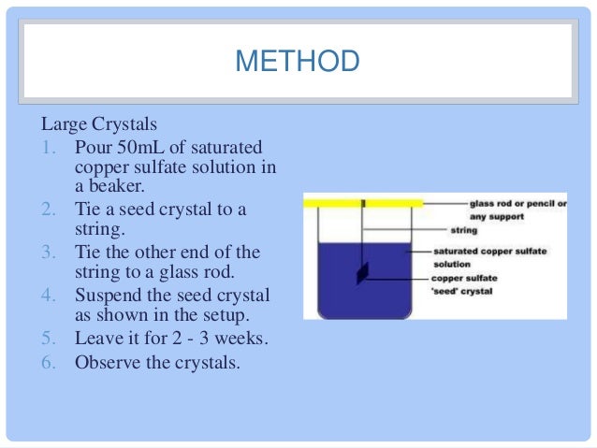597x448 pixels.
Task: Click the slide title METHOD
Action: pyautogui.click(x=297, y=62)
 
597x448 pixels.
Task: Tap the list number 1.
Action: pyautogui.click(x=51, y=149)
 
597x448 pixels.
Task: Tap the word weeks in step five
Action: pyautogui.click(x=251, y=339)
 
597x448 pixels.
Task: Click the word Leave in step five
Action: pyautogui.click(x=97, y=339)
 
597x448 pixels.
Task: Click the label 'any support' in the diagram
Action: pyautogui.click(x=481, y=216)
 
